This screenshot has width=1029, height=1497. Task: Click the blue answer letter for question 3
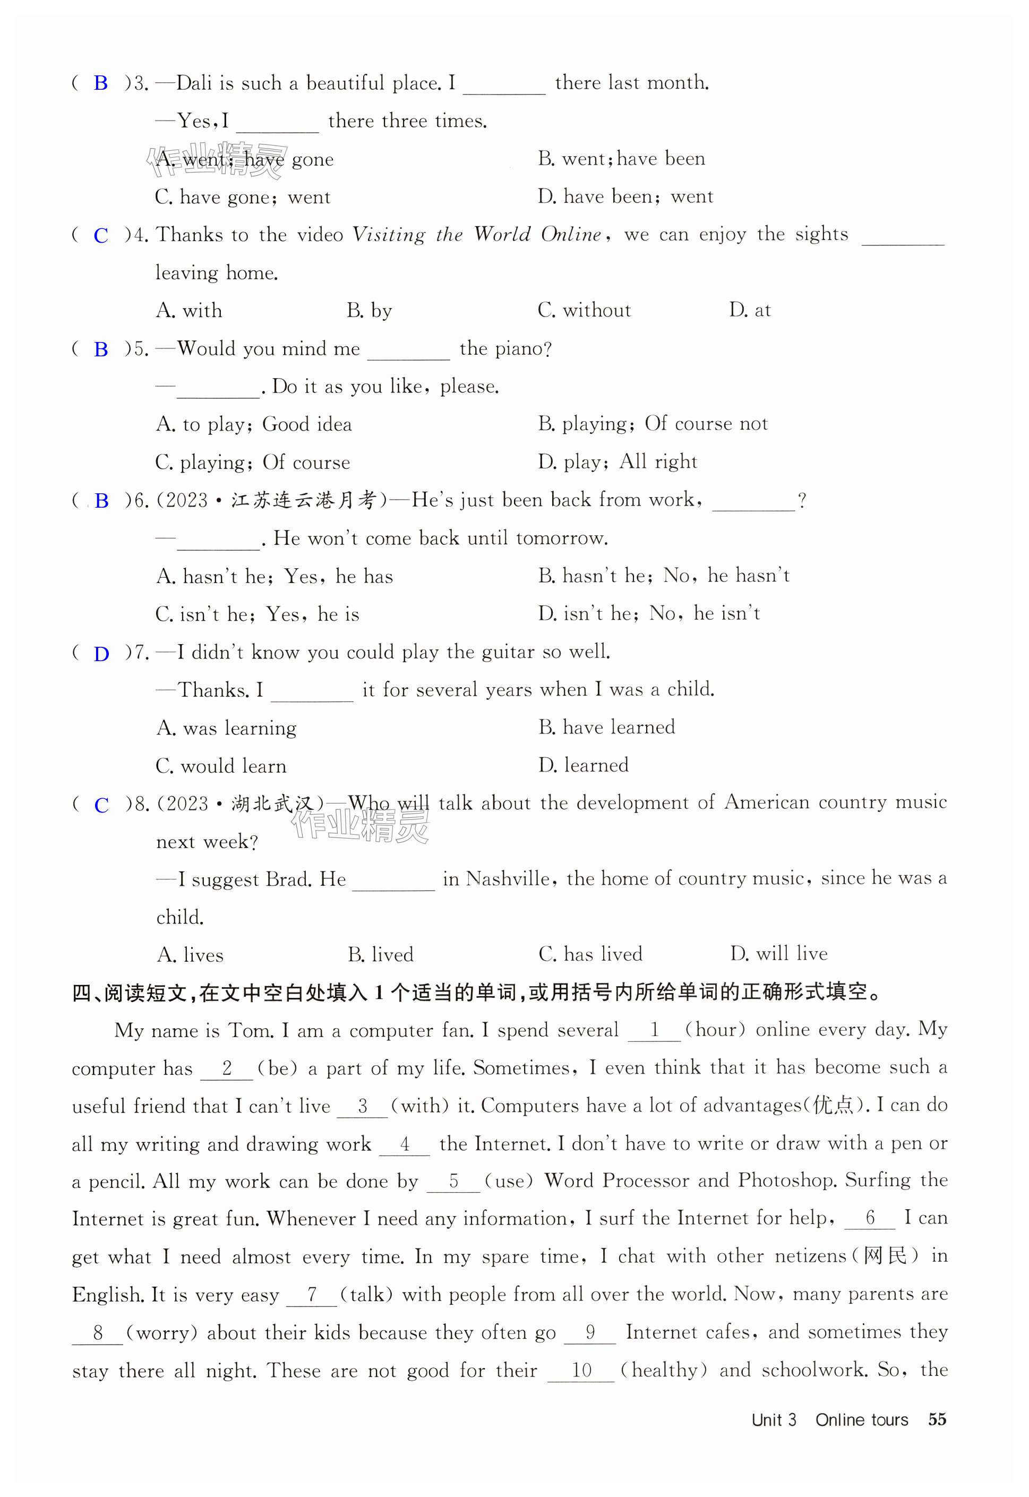(x=100, y=83)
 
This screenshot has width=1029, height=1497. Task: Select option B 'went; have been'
(x=622, y=159)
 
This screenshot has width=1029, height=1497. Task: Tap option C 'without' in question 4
(x=584, y=311)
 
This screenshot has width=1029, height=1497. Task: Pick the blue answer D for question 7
(x=101, y=654)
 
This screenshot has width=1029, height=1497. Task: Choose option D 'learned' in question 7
(x=584, y=765)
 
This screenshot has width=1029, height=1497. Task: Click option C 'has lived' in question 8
(x=590, y=954)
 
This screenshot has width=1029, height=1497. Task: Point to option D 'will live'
(x=779, y=954)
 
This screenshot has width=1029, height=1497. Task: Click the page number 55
(x=937, y=1419)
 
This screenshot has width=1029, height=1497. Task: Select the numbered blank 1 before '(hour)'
(x=654, y=1030)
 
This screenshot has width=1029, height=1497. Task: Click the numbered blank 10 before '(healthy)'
(x=581, y=1370)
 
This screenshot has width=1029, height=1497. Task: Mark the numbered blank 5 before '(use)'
(x=453, y=1181)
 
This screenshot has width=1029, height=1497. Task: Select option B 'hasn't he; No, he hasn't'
(x=664, y=576)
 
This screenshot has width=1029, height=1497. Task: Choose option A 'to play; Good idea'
(x=254, y=424)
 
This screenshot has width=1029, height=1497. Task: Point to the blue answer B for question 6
(x=101, y=501)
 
